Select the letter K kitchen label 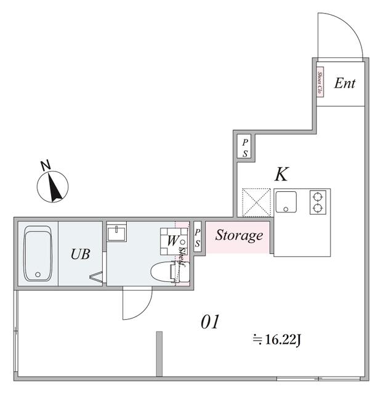[281, 174]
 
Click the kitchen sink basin [286, 201]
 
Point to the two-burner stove [318, 202]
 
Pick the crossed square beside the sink [256, 202]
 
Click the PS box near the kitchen [244, 146]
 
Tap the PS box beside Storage [197, 238]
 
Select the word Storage [239, 236]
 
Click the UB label [80, 254]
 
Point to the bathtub [38, 254]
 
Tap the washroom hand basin [116, 233]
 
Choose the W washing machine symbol [172, 241]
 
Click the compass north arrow [54, 188]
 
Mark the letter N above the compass [45, 165]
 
